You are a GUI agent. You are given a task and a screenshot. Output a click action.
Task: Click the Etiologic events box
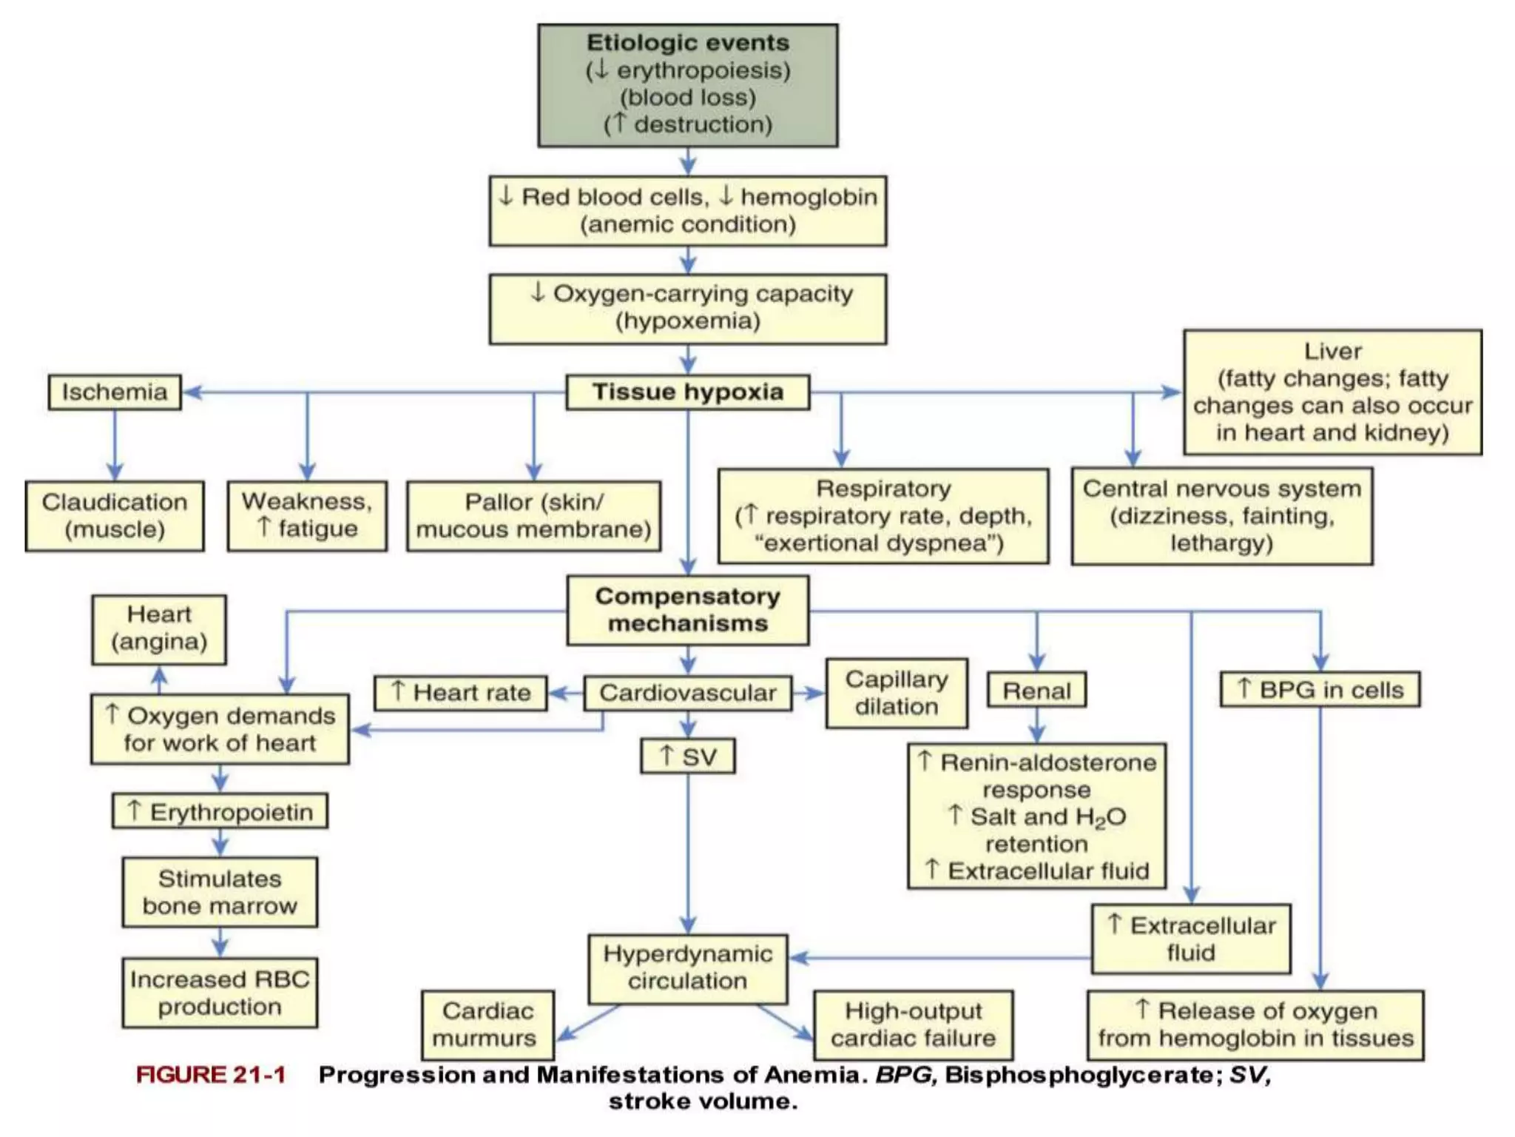pos(687,85)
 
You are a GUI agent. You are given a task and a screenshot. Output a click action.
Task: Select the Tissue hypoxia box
pos(687,392)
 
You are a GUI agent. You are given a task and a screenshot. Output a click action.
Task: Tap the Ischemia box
pos(115,392)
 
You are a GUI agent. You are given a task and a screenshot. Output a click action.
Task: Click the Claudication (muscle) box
pos(115,516)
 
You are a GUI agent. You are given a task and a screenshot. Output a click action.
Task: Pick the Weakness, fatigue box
pos(307,515)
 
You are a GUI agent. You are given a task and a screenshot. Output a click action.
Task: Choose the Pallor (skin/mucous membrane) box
pos(533,516)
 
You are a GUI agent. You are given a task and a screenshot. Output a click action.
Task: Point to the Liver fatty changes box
pos(1332,392)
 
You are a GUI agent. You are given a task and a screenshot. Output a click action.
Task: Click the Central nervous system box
pos(1221,516)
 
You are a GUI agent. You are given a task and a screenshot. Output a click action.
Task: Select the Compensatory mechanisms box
pos(687,610)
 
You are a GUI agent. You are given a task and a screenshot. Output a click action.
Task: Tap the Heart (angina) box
pos(159,629)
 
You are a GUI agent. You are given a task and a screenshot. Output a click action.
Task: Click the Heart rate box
pos(461,693)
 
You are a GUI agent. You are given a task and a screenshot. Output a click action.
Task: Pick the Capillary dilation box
pos(897,693)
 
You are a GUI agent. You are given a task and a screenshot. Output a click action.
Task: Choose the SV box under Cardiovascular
pos(687,756)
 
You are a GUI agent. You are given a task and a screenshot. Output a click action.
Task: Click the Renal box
pos(1036,690)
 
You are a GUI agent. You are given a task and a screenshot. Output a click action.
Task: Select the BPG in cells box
pos(1320,689)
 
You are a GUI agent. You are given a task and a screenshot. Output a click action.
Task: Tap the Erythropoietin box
pos(220,811)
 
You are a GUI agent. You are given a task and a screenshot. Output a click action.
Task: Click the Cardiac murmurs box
pos(487,1024)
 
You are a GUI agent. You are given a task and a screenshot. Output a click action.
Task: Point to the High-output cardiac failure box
pos(913,1024)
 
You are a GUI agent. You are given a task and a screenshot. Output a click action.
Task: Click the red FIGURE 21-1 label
pos(211,1075)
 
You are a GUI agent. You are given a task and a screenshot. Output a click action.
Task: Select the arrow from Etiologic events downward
pos(688,161)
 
